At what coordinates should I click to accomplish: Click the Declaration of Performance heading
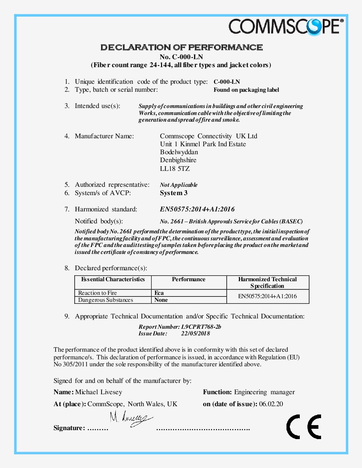[x=182, y=48]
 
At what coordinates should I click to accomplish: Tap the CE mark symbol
[x=304, y=427]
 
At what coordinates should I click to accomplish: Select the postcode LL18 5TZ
[x=175, y=169]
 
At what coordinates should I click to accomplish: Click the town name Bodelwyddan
[x=179, y=152]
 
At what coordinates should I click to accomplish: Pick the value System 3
[x=174, y=193]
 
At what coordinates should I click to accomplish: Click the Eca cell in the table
[x=159, y=293]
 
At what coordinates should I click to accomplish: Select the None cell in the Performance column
[x=161, y=300]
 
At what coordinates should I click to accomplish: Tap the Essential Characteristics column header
[x=113, y=280]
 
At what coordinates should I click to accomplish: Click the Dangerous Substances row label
[x=105, y=300]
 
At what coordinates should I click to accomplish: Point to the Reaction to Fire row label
[x=97, y=293]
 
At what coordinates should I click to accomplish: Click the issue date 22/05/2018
[x=195, y=333]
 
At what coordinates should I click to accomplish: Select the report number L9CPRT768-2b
[x=201, y=327]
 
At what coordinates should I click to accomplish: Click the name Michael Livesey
[x=99, y=392]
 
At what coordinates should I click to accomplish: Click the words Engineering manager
[x=265, y=392]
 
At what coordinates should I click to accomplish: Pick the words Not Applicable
[x=179, y=185]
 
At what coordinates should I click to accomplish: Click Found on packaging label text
[x=246, y=90]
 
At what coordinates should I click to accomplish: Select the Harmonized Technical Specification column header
[x=268, y=283]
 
